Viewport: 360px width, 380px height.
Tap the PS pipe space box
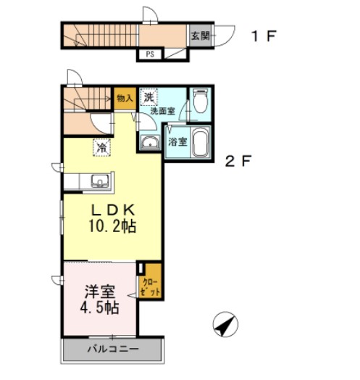pyautogui.click(x=150, y=54)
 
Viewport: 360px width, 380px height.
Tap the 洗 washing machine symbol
pyautogui.click(x=148, y=96)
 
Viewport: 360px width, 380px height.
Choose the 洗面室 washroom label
pyautogui.click(x=162, y=111)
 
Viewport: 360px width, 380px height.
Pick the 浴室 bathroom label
pyautogui.click(x=178, y=141)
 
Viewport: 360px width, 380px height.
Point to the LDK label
pyautogui.click(x=112, y=209)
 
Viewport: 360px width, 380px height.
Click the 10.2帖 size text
pyautogui.click(x=112, y=226)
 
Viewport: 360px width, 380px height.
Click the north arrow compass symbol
pyautogui.click(x=225, y=324)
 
